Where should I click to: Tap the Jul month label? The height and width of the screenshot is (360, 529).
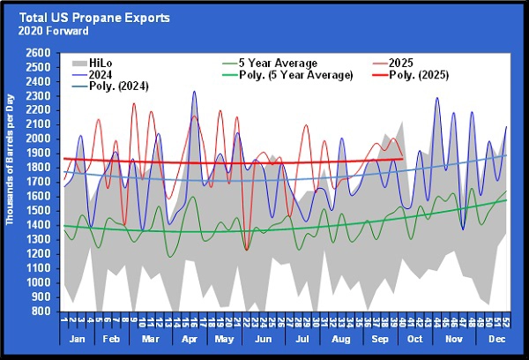(x=302, y=340)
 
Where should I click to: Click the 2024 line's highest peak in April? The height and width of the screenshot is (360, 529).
(x=194, y=91)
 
